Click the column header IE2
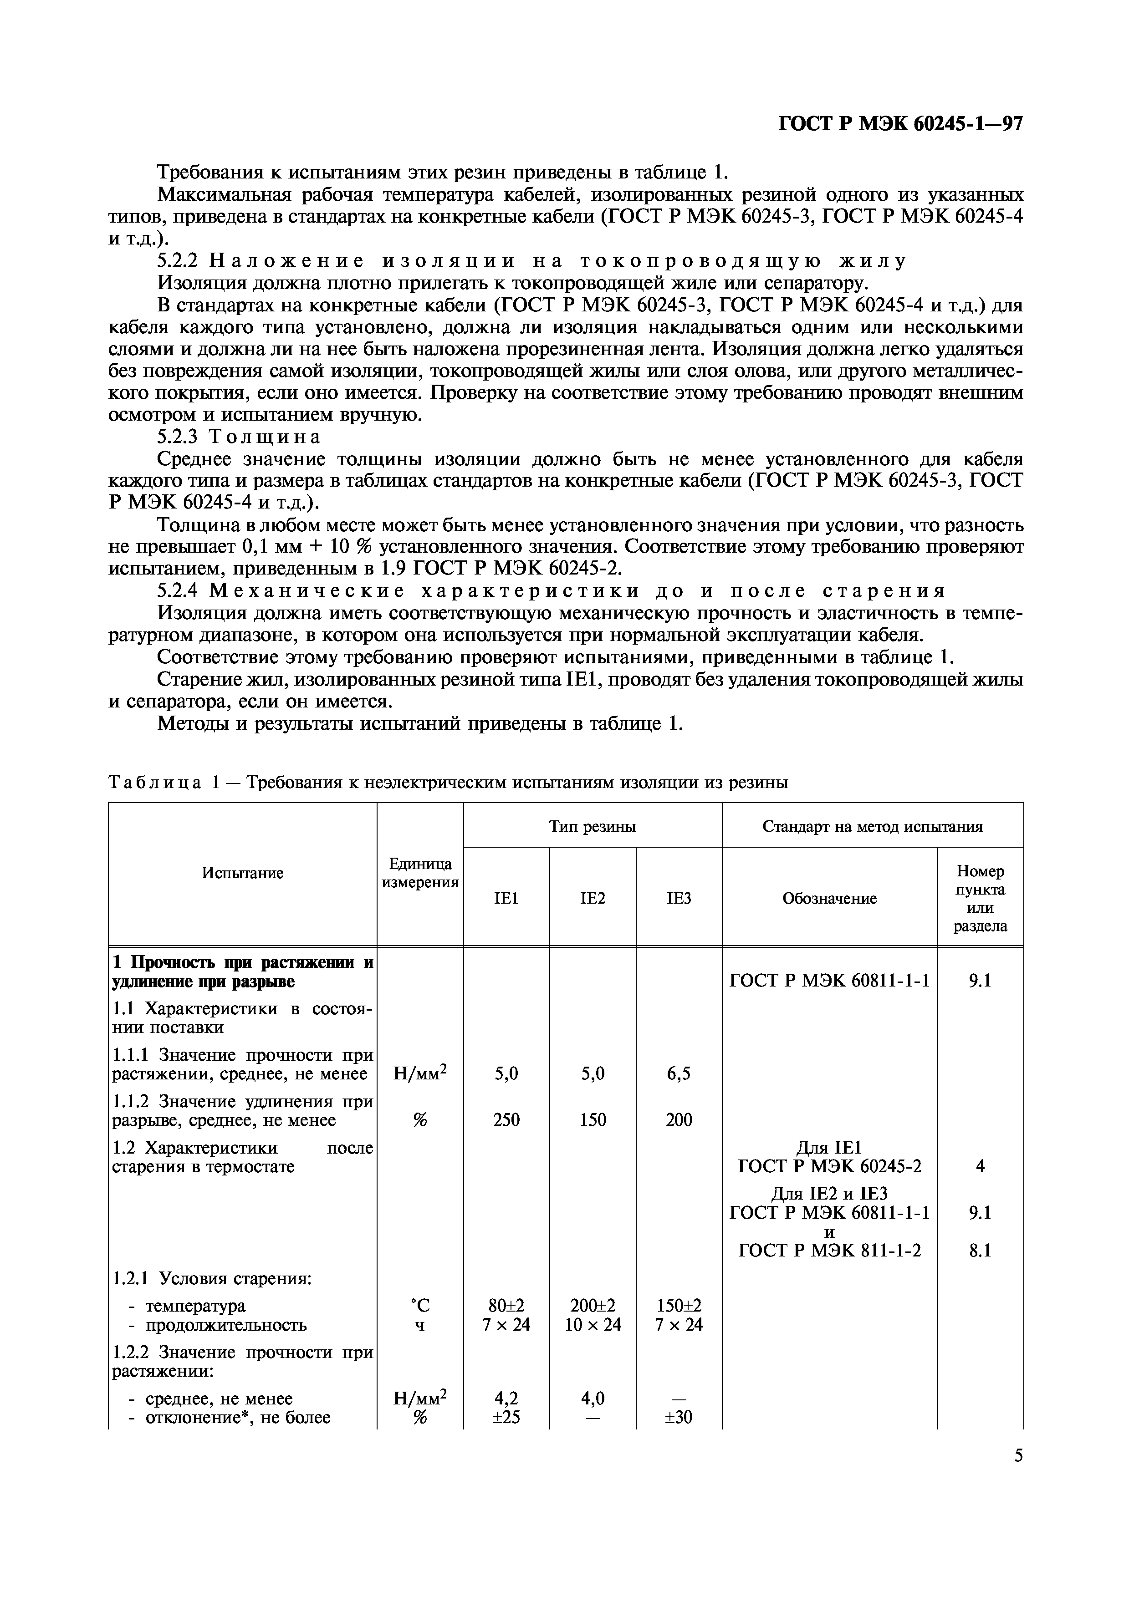(593, 898)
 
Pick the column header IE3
(679, 898)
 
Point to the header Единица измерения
(419, 872)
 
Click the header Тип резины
(592, 826)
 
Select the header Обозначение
(829, 898)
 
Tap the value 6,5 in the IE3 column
(679, 1073)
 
